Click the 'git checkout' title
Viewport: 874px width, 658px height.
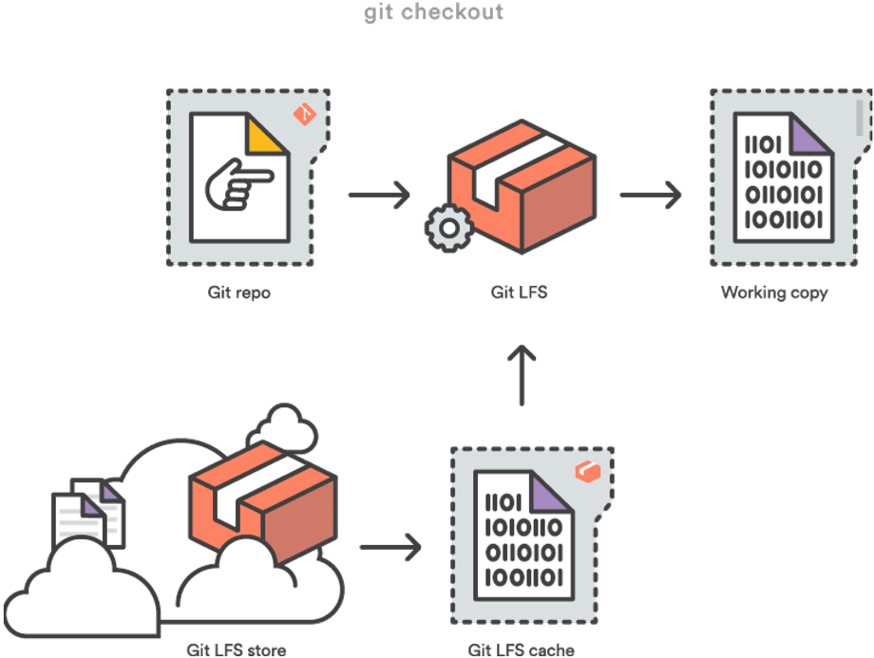[433, 12]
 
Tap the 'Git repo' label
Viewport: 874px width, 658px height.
[239, 292]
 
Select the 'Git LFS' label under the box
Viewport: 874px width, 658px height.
[520, 292]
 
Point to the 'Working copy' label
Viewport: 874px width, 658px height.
[773, 292]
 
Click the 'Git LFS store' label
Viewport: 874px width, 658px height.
[237, 649]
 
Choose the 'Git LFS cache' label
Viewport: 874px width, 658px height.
[522, 650]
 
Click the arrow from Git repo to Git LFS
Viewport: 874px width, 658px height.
[378, 195]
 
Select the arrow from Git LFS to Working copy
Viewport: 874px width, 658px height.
[650, 196]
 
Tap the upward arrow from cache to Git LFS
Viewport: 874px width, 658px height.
[521, 375]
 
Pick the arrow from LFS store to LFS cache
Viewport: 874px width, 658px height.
[389, 546]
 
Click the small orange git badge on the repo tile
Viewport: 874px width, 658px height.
[305, 115]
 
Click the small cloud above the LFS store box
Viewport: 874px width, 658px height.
[284, 426]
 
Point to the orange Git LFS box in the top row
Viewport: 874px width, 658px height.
[522, 190]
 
